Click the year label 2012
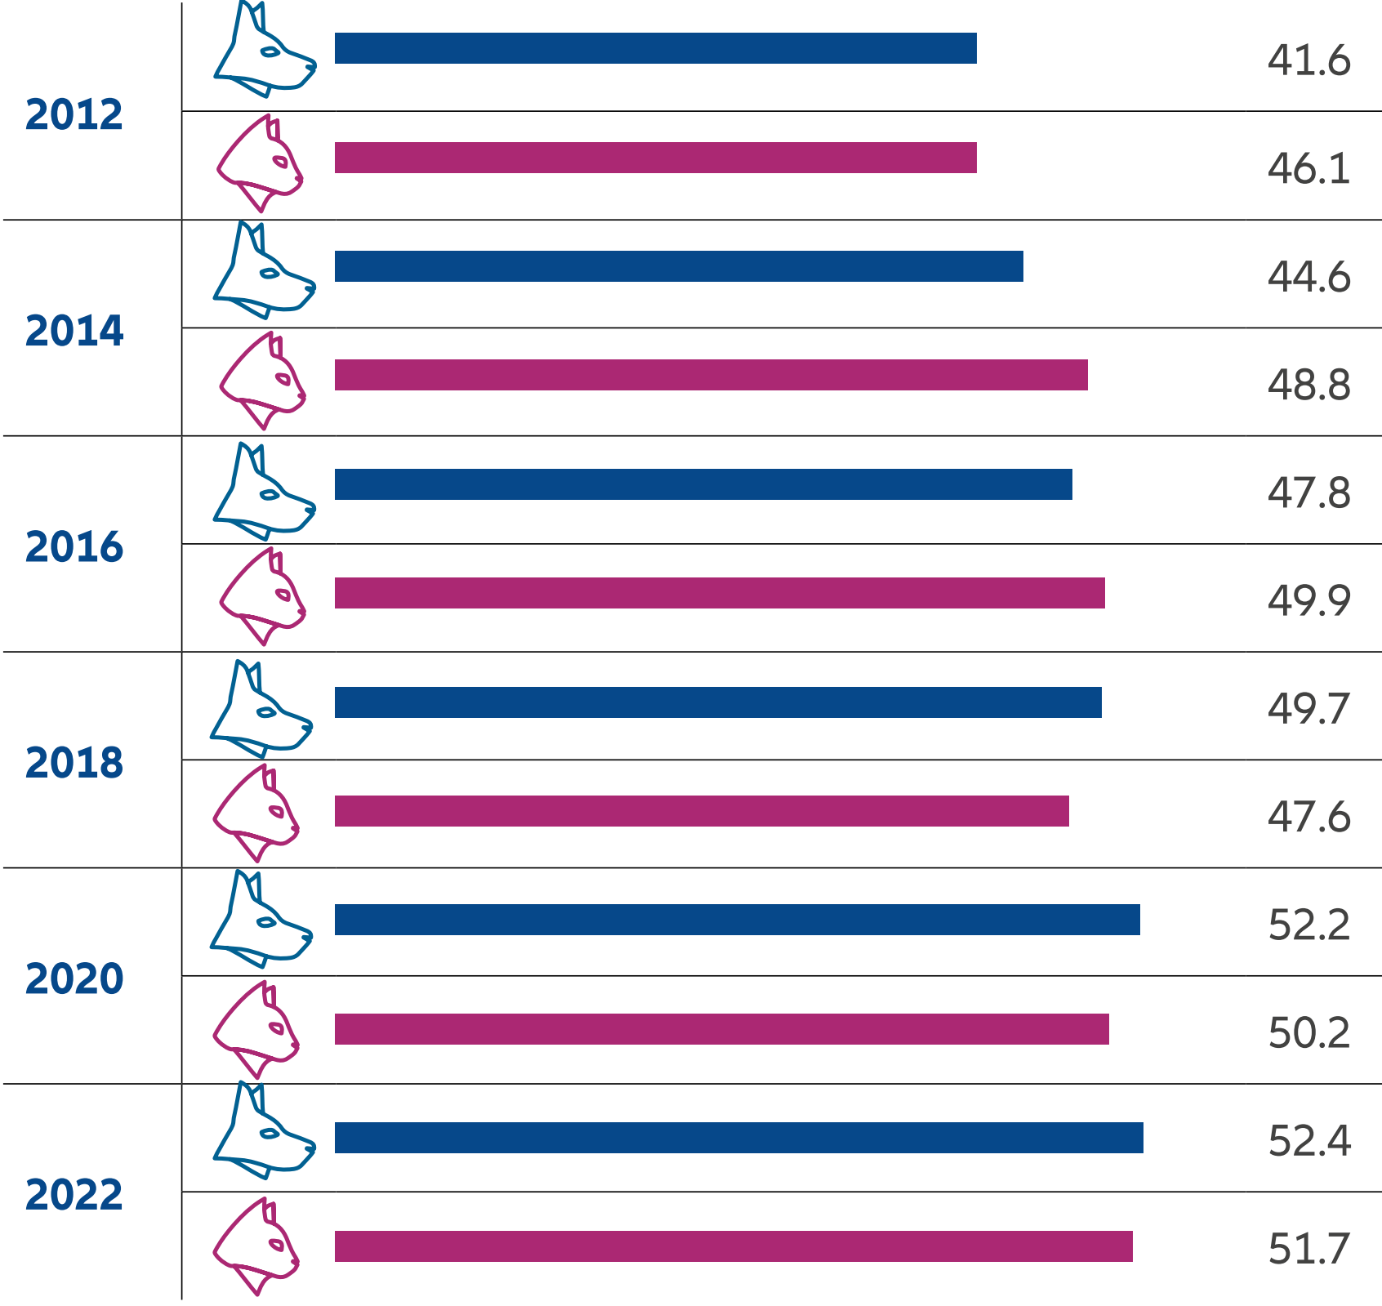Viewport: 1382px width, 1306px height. tap(74, 114)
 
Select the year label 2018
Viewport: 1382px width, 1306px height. tap(74, 763)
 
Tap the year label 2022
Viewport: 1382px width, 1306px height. tap(74, 1195)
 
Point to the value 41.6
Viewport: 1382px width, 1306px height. tap(1308, 60)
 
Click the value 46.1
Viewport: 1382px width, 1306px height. tap(1308, 169)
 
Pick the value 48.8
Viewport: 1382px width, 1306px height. tap(1308, 385)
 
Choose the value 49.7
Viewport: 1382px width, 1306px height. tap(1308, 708)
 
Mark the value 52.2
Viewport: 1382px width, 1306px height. tap(1308, 925)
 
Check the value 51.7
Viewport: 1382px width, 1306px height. tap(1308, 1249)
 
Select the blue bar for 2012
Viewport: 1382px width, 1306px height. tap(655, 48)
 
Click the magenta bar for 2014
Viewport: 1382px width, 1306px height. tap(711, 375)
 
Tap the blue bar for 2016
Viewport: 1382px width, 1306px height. tap(702, 484)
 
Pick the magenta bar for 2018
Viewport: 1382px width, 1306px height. tap(701, 811)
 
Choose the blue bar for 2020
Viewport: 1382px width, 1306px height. tap(737, 920)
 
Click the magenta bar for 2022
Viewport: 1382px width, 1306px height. tap(733, 1246)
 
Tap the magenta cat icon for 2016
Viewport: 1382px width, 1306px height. tap(261, 596)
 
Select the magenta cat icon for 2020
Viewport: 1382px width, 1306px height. tap(256, 1029)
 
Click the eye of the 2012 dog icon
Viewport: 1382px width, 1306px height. tap(270, 52)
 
